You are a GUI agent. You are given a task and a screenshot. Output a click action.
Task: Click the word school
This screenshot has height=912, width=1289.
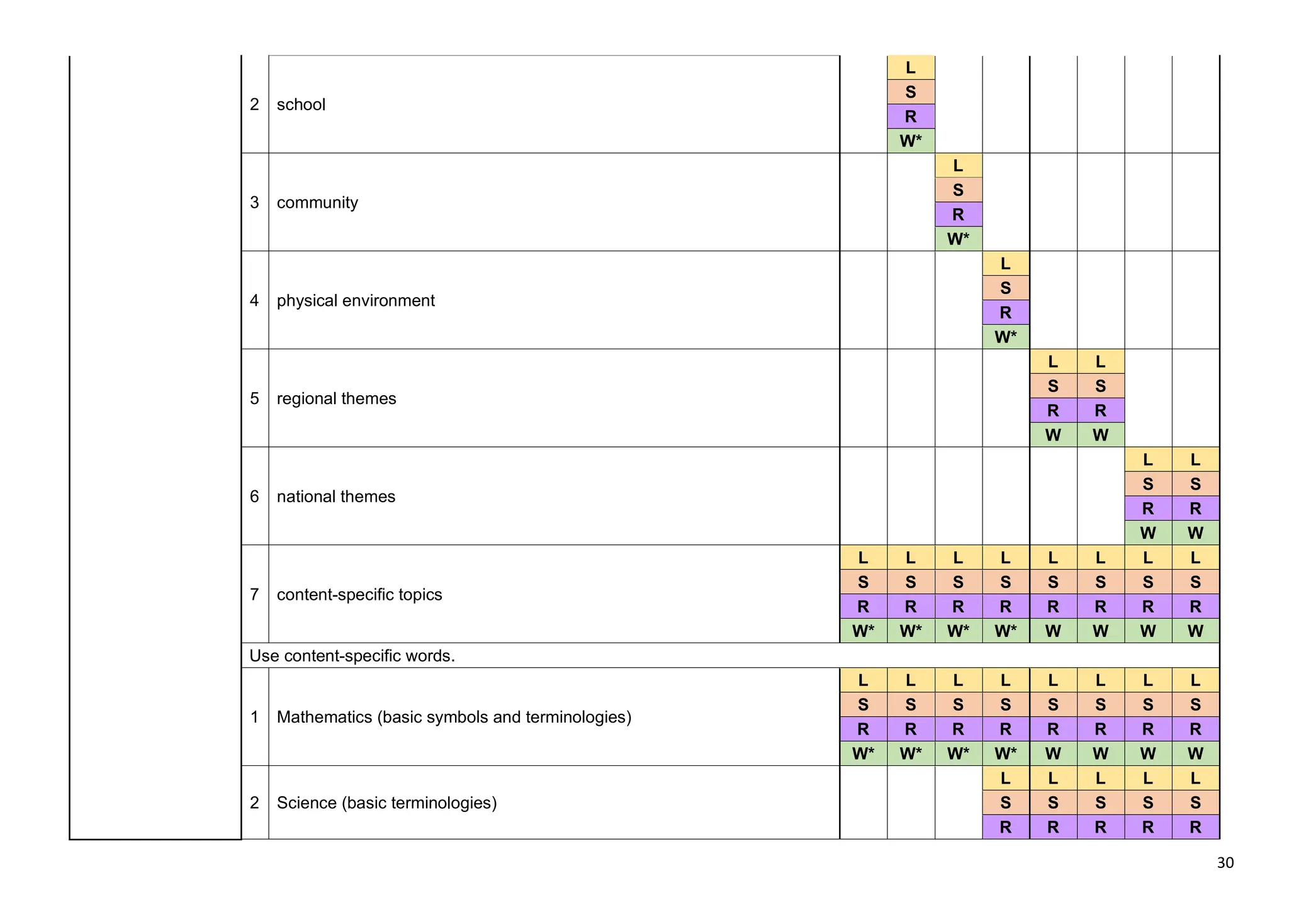click(301, 104)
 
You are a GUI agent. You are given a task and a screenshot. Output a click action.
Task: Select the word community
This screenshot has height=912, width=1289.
click(317, 203)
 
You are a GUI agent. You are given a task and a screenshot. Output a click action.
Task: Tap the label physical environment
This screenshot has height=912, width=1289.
click(356, 301)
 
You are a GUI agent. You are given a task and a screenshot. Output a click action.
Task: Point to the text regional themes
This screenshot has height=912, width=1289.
click(336, 398)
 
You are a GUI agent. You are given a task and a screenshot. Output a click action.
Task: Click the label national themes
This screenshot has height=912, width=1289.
click(335, 497)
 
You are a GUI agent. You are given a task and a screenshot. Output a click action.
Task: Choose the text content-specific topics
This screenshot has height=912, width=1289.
click(359, 595)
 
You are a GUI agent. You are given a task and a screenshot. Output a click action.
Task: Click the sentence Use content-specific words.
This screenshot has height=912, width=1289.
click(352, 656)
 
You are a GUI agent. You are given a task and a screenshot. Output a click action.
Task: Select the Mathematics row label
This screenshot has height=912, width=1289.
click(454, 717)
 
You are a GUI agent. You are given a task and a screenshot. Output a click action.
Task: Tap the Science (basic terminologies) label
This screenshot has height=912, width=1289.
click(386, 802)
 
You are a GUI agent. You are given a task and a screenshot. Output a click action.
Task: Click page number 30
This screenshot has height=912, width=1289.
click(1225, 863)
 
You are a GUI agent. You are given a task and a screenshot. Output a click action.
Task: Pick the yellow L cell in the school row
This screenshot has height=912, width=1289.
click(910, 67)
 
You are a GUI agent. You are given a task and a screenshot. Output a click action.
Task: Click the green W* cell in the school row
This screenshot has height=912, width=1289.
click(910, 141)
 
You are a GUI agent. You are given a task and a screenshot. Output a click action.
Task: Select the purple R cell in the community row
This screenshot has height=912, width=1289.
click(958, 215)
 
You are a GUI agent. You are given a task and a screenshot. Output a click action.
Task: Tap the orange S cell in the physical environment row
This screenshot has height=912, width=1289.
click(1005, 288)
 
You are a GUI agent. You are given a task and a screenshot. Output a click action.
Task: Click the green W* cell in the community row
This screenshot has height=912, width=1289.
click(958, 239)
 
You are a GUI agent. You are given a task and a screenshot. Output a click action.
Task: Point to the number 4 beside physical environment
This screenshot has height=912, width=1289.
click(254, 301)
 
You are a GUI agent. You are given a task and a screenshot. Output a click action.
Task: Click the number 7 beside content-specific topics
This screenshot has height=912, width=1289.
click(254, 595)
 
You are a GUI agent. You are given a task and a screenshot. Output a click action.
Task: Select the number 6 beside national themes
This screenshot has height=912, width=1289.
click(254, 497)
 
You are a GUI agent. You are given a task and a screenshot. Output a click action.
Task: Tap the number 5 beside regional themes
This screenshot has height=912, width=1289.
click(254, 398)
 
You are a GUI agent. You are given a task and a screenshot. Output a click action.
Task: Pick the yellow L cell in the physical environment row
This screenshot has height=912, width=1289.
click(1005, 264)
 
